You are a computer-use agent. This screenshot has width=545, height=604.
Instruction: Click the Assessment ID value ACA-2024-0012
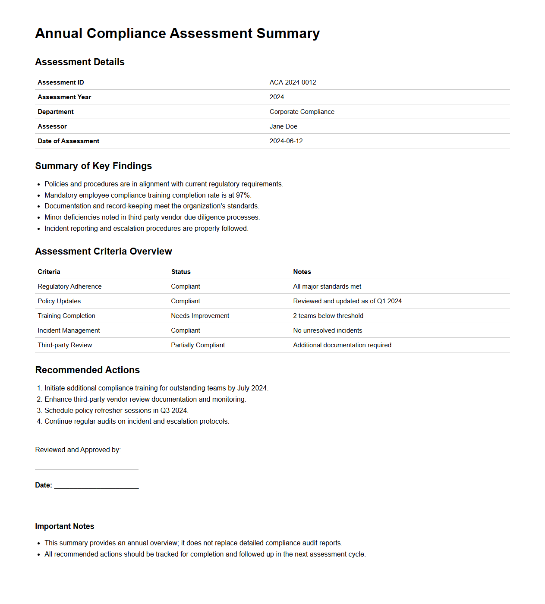point(293,82)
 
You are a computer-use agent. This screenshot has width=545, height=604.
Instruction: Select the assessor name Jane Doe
point(283,126)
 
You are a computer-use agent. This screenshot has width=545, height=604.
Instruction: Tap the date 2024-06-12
point(286,141)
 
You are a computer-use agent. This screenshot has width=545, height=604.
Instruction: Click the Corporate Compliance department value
point(302,112)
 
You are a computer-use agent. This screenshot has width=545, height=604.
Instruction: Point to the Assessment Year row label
point(64,97)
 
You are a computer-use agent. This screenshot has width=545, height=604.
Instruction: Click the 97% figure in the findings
point(243,195)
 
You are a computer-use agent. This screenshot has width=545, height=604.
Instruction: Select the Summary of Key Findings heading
point(93,166)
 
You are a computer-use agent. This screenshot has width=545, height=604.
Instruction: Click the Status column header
point(181,272)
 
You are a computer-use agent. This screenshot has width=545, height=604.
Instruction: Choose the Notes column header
point(302,272)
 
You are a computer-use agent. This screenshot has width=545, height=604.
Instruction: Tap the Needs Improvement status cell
point(200,316)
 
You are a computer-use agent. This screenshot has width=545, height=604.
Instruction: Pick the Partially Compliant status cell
point(198,345)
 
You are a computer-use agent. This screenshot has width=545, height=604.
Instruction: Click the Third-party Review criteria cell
point(65,345)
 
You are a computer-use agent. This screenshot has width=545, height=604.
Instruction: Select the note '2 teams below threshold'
point(328,316)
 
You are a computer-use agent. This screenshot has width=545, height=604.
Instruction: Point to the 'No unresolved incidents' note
point(328,330)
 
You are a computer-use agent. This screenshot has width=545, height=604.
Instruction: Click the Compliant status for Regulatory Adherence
point(186,286)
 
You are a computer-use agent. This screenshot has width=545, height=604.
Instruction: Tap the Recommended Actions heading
point(87,370)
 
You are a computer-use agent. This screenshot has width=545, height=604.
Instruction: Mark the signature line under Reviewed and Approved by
point(86,469)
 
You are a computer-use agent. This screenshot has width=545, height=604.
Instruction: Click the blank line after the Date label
point(96,488)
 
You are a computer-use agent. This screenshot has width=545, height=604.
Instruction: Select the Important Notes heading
point(64,526)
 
